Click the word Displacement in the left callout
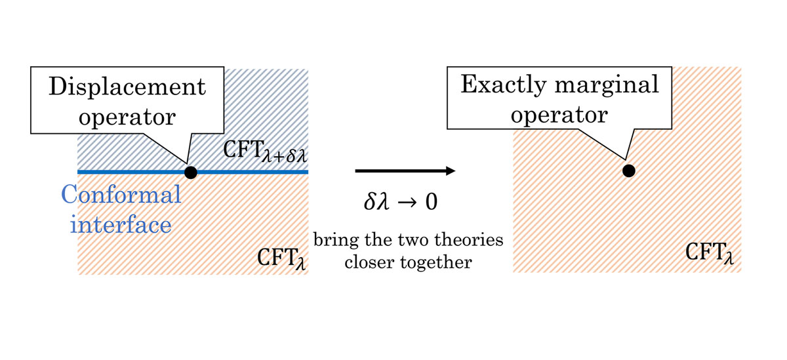click(x=127, y=86)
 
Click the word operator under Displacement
click(x=127, y=117)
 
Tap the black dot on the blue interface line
click(x=191, y=172)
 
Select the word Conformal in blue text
click(x=121, y=194)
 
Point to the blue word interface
click(x=121, y=225)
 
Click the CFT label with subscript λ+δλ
click(x=265, y=151)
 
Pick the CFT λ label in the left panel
click(x=281, y=258)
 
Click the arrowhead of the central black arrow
click(x=451, y=171)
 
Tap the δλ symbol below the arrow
click(x=376, y=201)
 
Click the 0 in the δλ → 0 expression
click(x=432, y=202)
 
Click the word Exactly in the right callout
click(x=504, y=85)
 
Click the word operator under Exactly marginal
click(x=559, y=115)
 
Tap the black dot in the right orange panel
click(x=629, y=171)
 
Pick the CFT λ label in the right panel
click(x=710, y=253)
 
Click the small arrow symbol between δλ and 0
click(x=407, y=203)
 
